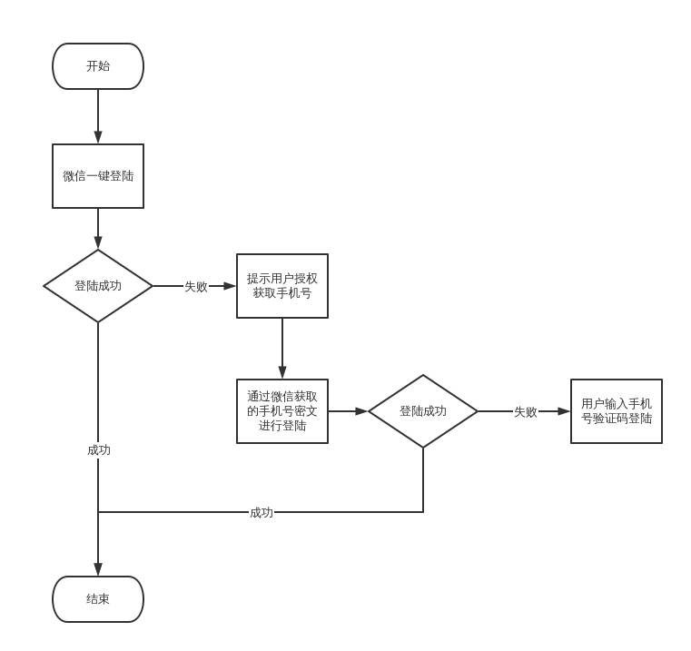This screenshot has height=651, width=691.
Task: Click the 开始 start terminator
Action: pos(98,66)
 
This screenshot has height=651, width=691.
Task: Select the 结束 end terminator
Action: pos(98,599)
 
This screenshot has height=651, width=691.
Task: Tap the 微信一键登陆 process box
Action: pos(98,176)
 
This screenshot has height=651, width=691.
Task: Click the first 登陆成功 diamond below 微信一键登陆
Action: pos(98,286)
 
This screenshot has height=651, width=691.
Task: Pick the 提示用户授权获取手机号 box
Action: pos(282,286)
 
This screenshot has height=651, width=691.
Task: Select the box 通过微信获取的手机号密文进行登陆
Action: pos(282,411)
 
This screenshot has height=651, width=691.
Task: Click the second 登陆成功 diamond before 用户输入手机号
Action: pos(423,411)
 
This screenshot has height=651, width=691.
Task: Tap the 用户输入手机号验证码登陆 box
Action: pos(617,411)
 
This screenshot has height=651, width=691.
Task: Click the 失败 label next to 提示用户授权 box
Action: pos(196,286)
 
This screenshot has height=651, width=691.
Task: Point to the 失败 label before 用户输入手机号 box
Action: pos(526,411)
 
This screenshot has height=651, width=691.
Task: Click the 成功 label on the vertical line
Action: pos(99,449)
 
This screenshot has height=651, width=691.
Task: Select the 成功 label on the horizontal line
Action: pos(262,512)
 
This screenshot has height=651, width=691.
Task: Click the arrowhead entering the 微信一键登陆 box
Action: pos(98,138)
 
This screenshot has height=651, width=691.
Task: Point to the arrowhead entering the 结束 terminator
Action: pos(98,570)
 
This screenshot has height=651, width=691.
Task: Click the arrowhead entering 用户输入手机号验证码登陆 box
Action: pos(564,411)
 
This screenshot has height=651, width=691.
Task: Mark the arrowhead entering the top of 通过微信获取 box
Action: pos(282,373)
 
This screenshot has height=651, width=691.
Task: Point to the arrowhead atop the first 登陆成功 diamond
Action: pos(98,244)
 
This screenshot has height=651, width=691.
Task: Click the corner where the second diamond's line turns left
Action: pos(423,512)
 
